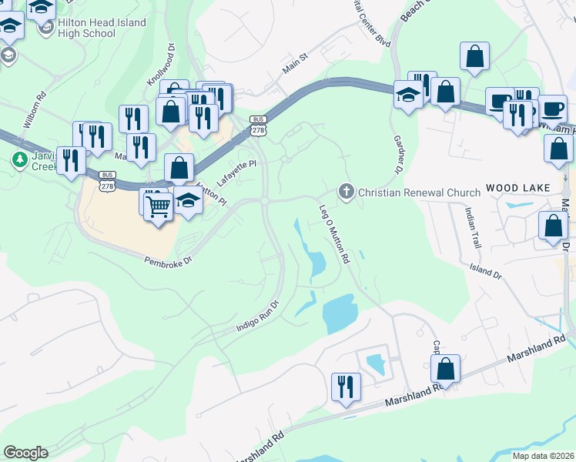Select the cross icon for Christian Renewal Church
(347, 191)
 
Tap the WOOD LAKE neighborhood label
(516, 189)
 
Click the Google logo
(25, 453)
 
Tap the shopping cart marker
(158, 206)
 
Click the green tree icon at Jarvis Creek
(18, 159)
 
